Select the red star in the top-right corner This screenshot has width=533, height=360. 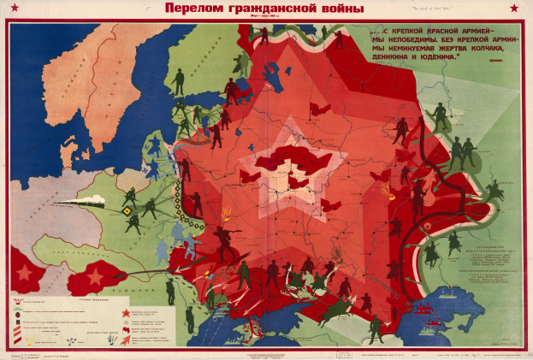point(513,9)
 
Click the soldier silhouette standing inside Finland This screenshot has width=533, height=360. point(178,82)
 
